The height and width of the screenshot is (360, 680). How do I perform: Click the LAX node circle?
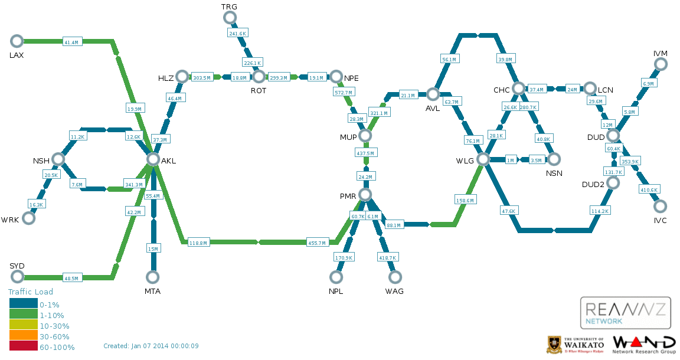(x=17, y=41)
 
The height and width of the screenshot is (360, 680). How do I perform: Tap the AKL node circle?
(x=153, y=159)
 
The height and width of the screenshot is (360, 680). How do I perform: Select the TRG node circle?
(x=230, y=18)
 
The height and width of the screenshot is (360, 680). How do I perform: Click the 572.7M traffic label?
(x=344, y=93)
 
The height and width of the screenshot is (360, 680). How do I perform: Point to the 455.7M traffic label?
(x=317, y=243)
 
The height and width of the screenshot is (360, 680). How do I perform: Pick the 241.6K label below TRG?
(x=238, y=34)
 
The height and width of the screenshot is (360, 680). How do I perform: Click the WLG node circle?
(x=483, y=159)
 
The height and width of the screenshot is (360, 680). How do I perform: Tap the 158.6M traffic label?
(x=465, y=201)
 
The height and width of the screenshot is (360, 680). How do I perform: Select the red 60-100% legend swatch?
(x=24, y=346)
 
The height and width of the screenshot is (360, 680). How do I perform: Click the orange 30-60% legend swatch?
(x=24, y=335)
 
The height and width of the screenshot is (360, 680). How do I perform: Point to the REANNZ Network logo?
(x=625, y=313)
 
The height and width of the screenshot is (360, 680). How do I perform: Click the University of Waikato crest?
(x=553, y=345)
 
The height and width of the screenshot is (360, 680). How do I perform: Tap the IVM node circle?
(x=661, y=64)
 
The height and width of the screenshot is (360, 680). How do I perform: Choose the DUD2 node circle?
(x=613, y=182)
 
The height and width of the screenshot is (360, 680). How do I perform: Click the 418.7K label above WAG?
(x=388, y=258)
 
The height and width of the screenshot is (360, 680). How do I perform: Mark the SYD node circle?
(x=17, y=276)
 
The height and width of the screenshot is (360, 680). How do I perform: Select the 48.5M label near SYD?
(x=71, y=278)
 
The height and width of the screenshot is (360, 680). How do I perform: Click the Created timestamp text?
(x=151, y=346)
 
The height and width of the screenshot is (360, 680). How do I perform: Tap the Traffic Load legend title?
(x=30, y=292)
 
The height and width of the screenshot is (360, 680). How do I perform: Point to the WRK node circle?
(x=28, y=218)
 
